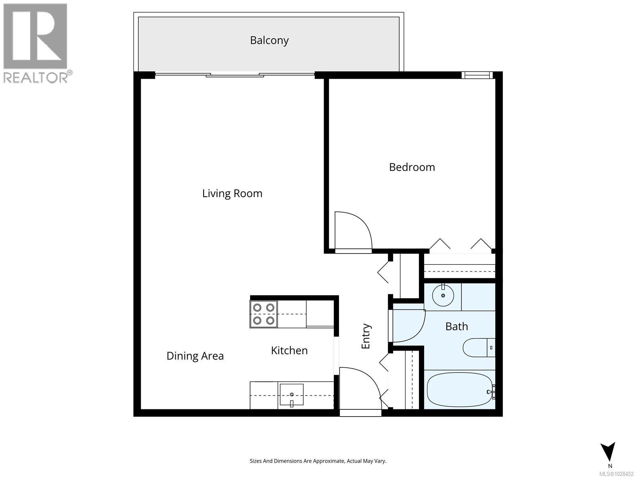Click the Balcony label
(x=269, y=41)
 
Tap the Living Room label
(x=232, y=194)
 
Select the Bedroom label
(x=412, y=167)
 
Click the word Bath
(x=456, y=327)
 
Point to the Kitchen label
(x=289, y=351)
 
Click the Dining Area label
(x=195, y=356)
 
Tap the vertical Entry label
(x=366, y=336)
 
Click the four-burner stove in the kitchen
(x=264, y=314)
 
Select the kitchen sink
(x=291, y=394)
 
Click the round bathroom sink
(x=443, y=295)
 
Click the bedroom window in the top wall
(x=477, y=75)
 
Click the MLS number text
(x=616, y=474)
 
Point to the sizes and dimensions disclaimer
(x=318, y=461)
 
